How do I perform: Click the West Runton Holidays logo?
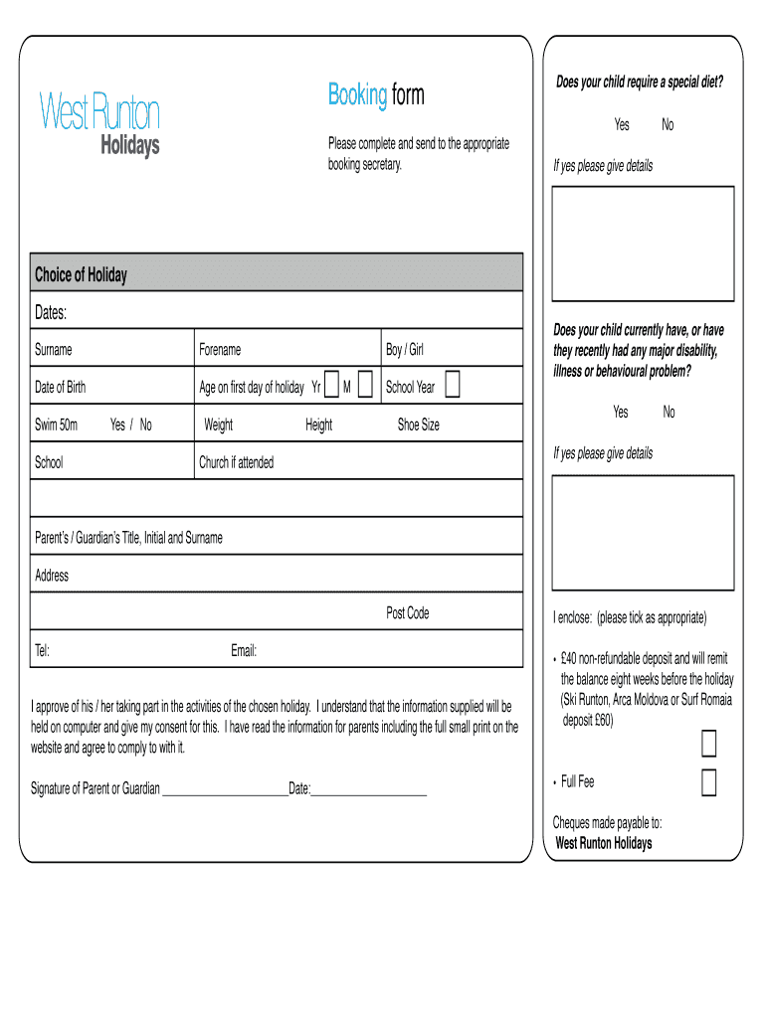(x=98, y=122)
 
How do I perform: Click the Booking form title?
(x=376, y=95)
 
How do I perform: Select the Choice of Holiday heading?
(x=81, y=274)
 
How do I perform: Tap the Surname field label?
(x=54, y=350)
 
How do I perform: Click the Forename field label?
(x=220, y=350)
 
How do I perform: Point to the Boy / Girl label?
(x=405, y=350)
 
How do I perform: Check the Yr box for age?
(x=331, y=386)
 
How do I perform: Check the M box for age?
(x=365, y=386)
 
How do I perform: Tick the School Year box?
(x=453, y=386)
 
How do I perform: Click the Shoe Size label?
(x=418, y=425)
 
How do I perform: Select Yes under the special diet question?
(x=622, y=125)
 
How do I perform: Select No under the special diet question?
(x=668, y=125)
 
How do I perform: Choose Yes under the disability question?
(x=621, y=412)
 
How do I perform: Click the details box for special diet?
(x=643, y=242)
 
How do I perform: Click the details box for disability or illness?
(x=643, y=533)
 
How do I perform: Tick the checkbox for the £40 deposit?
(x=709, y=744)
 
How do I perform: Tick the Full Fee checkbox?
(x=709, y=783)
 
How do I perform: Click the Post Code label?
(x=408, y=613)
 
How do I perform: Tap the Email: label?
(x=244, y=651)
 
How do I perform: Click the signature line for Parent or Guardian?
(x=224, y=791)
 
